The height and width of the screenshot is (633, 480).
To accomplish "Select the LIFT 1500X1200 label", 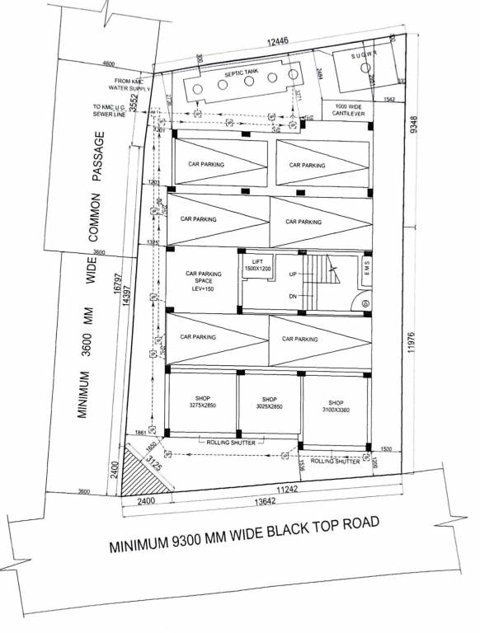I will click(257, 265).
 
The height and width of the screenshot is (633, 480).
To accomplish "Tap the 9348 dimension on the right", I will click(416, 124).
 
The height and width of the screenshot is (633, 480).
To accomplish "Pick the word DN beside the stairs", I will click(294, 296).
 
